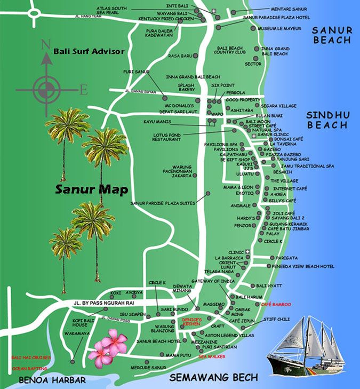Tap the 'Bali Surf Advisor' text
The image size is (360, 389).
pos(89,52)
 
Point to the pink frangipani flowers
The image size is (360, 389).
pos(107,346)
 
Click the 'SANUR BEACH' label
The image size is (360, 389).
pos(332,35)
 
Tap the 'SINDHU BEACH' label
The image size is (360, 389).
pos(327,120)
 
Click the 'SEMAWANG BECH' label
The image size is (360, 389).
pos(213,377)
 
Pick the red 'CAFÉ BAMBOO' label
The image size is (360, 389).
pos(276,304)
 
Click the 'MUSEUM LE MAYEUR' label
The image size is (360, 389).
pos(276,28)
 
